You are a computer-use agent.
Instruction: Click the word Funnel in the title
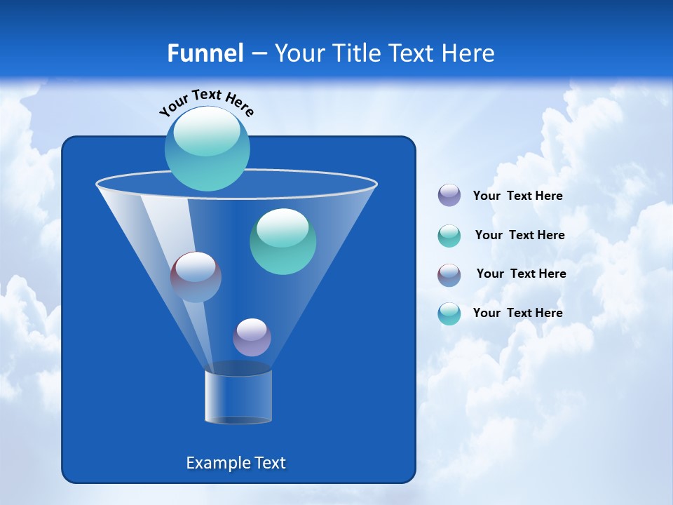[x=205, y=53]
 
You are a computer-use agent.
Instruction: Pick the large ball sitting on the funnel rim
[x=207, y=149]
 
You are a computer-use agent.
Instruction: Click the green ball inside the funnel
[x=283, y=241]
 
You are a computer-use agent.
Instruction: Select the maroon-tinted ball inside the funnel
[x=196, y=277]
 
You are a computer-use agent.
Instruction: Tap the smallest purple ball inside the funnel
[x=252, y=337]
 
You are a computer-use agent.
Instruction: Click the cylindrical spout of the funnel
[x=238, y=396]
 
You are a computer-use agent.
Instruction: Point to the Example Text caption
[x=236, y=463]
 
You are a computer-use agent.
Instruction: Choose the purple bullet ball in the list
[x=449, y=196]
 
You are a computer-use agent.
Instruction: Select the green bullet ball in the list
[x=449, y=236]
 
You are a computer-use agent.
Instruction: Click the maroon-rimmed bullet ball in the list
[x=449, y=275]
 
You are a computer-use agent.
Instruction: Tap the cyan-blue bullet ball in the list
[x=449, y=314]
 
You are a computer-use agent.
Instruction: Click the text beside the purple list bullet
[x=517, y=196]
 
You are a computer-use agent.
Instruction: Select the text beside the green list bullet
[x=519, y=236]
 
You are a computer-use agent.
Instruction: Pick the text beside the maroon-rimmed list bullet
[x=521, y=274]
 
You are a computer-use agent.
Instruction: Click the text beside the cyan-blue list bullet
[x=517, y=314]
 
